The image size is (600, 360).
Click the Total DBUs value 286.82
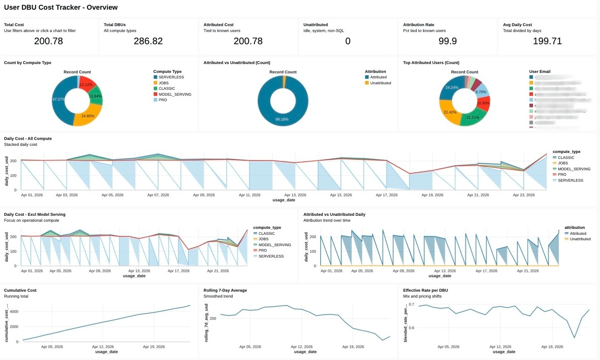point(148,41)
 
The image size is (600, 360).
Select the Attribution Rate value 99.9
point(447,41)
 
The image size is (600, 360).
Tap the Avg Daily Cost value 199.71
point(547,41)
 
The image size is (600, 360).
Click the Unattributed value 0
point(348,41)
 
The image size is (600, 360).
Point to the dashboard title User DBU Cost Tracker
point(61,7)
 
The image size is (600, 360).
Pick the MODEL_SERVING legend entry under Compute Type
point(174,94)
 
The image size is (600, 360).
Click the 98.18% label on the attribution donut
point(282,119)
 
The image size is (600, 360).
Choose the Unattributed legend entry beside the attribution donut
point(380,83)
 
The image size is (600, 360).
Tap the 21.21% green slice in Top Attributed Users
point(472,118)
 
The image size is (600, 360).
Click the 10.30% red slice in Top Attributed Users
point(483,103)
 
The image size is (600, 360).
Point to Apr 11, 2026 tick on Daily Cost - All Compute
point(249,195)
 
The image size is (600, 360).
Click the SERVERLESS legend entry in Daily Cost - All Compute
point(570,180)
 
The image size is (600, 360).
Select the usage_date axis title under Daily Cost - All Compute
point(284,200)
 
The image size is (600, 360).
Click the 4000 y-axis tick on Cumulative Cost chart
point(14,312)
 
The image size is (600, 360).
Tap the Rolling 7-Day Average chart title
point(225,290)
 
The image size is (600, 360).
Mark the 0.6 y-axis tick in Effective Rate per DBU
point(411,328)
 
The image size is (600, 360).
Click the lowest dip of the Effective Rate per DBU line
point(574,338)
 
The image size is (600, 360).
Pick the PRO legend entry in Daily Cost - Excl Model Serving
point(262,250)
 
